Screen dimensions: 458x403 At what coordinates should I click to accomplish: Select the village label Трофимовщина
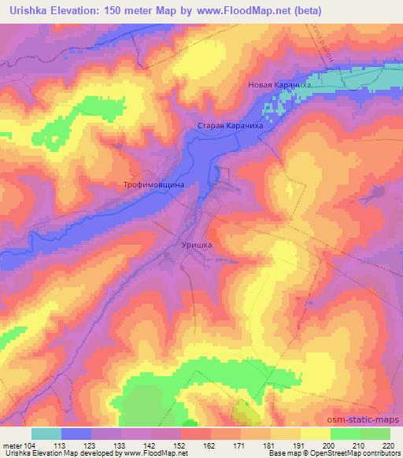click(x=153, y=185)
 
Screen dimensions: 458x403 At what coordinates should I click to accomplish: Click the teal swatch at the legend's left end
click(x=46, y=434)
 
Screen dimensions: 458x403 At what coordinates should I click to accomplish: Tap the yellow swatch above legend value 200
click(x=316, y=434)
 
